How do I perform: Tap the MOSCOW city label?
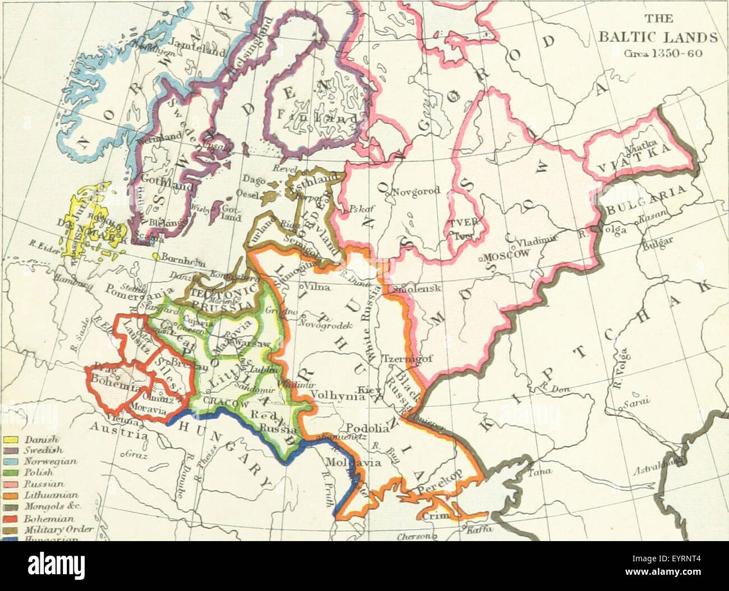(507, 254)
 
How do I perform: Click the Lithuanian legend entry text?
(51, 495)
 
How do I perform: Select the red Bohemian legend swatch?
(12, 520)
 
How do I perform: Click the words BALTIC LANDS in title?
(657, 38)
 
